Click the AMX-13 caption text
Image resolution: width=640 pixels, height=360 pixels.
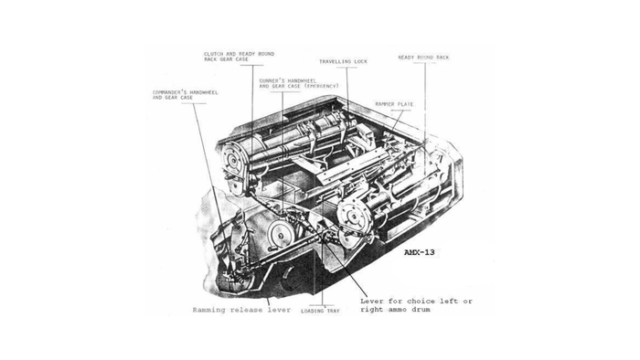click(x=419, y=252)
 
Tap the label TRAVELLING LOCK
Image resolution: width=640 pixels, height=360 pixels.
click(x=343, y=61)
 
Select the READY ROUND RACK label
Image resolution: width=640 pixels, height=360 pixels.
click(x=423, y=58)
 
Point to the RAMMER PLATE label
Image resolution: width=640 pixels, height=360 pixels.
click(x=394, y=104)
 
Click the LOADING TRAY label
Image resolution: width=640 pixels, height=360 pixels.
click(x=320, y=311)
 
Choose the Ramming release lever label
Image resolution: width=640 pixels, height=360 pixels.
click(x=241, y=310)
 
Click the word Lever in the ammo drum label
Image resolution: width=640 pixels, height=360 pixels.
click(x=372, y=302)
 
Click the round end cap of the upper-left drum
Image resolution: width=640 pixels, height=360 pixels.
click(x=234, y=160)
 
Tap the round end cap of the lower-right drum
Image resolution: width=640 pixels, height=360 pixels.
click(x=352, y=217)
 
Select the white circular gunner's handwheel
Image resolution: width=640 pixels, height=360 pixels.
click(x=279, y=235)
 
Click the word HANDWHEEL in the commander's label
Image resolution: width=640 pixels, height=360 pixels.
click(x=203, y=92)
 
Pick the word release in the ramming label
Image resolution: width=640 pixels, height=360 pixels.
click(x=246, y=310)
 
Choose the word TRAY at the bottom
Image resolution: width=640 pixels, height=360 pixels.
click(x=332, y=311)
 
